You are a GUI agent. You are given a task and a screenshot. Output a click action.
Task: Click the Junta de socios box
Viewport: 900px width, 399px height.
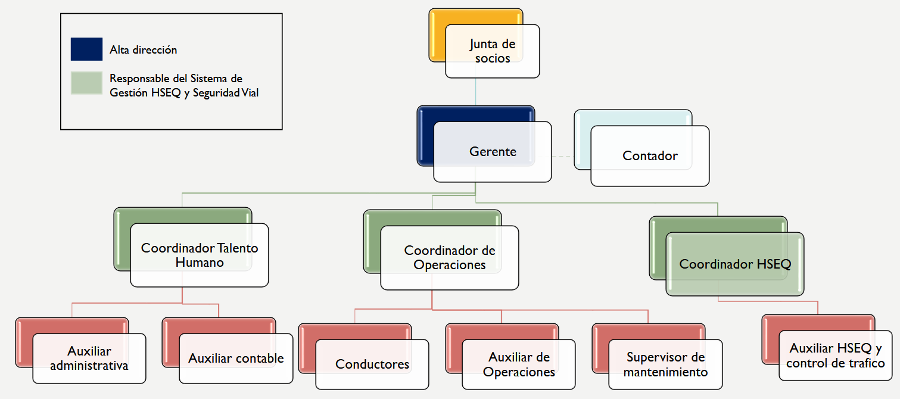[x=492, y=51]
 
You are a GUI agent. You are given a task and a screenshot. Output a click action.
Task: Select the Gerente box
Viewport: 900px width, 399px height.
[x=492, y=151]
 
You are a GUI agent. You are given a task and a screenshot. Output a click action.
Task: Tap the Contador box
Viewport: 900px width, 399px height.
[x=650, y=156]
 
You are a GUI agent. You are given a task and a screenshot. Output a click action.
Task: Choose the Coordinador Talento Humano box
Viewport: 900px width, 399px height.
[x=200, y=255]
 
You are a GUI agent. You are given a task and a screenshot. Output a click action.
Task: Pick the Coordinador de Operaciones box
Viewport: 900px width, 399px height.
[x=449, y=257]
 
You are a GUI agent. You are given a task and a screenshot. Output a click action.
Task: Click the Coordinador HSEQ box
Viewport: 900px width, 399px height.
[x=735, y=264]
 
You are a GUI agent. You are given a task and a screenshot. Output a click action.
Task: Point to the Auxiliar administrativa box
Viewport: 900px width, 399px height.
[x=89, y=359]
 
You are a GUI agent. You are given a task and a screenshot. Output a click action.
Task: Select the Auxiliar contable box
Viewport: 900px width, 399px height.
[x=236, y=359]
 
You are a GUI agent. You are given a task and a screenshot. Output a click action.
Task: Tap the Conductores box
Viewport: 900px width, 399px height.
[x=372, y=364]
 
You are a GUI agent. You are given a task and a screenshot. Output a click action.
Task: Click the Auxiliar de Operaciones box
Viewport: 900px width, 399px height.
[x=519, y=364]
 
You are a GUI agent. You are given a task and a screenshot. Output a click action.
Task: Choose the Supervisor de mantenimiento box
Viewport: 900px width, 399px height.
[x=665, y=364]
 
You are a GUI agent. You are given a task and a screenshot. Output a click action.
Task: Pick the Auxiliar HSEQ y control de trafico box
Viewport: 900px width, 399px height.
[x=835, y=356]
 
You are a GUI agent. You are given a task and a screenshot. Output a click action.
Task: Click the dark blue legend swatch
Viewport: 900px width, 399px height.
[x=86, y=49]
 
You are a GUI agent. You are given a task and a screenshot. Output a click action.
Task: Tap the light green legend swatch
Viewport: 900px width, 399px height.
[x=86, y=83]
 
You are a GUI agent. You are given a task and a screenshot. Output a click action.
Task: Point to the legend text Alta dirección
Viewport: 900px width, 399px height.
[x=143, y=50]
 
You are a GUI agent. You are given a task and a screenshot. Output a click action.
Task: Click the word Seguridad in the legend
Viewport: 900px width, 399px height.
[x=216, y=93]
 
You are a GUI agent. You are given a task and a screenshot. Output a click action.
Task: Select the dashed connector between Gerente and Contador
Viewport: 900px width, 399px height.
[x=562, y=156]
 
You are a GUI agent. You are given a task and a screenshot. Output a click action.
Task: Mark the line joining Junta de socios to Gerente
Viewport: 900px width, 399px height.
[x=476, y=92]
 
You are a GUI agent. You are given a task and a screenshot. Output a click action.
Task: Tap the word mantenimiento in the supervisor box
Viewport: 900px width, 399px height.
[x=665, y=372]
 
